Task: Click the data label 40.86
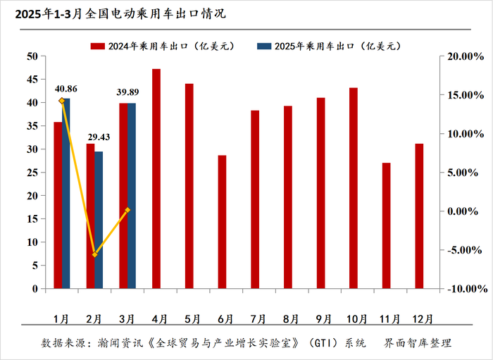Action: point(65,89)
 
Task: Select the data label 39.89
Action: point(132,92)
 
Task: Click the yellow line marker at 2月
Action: point(94,254)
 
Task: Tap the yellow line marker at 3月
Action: point(127,210)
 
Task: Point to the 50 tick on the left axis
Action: point(32,56)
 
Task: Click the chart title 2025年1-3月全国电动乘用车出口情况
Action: point(116,13)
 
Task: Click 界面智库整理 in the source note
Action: point(417,343)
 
